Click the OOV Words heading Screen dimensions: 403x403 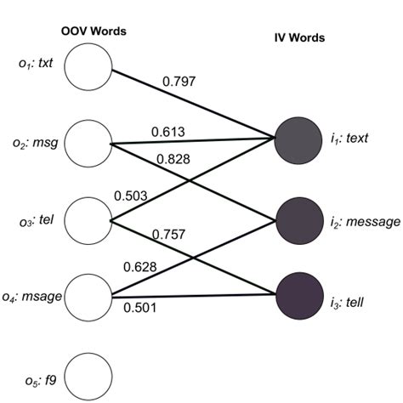[x=94, y=31]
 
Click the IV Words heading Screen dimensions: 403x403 [x=301, y=38]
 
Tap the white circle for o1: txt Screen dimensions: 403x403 [x=88, y=65]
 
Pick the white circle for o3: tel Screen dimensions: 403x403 [x=88, y=219]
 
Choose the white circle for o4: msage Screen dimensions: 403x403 [x=88, y=295]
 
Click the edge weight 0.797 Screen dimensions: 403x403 [x=179, y=82]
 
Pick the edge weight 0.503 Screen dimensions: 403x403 [x=131, y=196]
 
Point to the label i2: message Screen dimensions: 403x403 [x=364, y=221]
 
